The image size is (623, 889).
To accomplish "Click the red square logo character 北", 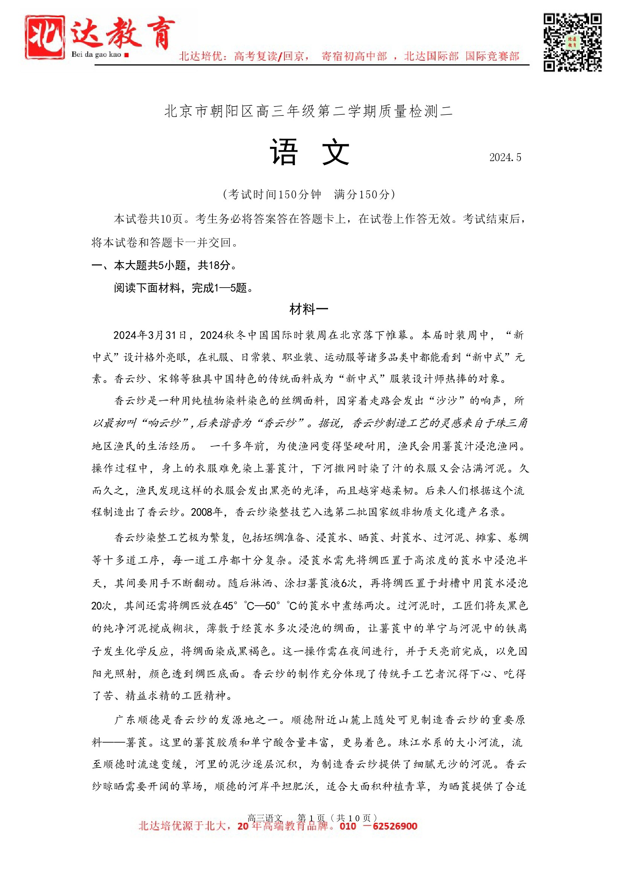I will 44,37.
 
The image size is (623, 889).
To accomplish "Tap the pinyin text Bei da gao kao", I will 96,55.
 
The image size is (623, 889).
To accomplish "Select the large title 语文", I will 309,152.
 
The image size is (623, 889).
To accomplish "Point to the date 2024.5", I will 505,158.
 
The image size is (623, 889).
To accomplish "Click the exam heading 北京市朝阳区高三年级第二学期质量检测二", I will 308,111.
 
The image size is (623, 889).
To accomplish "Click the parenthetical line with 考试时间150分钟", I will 309,194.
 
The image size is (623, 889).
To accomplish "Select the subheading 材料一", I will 309,309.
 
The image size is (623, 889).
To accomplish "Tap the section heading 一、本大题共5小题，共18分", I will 163,265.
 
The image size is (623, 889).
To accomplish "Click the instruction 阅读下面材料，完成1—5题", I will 183,288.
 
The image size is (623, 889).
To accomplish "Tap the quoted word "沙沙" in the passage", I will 447,401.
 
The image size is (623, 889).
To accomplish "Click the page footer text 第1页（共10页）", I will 337,818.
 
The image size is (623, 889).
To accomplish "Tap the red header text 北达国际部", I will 431,56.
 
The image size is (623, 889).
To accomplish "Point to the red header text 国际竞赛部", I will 492,56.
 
